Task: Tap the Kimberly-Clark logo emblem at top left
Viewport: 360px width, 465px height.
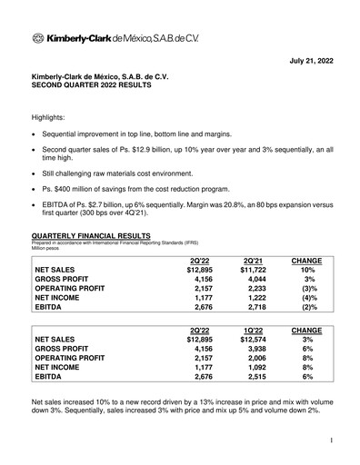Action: [x=37, y=38]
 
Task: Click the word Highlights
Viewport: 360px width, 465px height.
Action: [x=52, y=120]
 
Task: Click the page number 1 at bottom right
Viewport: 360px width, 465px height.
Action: [x=333, y=440]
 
